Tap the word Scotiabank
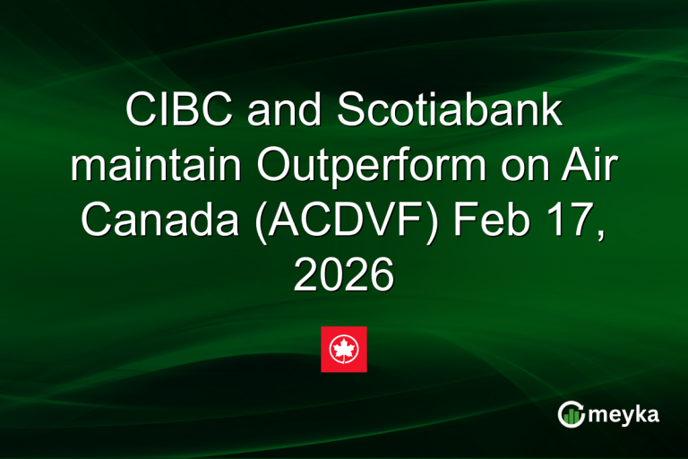451,111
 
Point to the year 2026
344,275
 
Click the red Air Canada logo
344,349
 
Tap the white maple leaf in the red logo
344,349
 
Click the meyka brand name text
625,414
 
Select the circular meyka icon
571,414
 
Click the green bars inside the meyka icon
572,416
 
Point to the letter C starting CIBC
141,111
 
